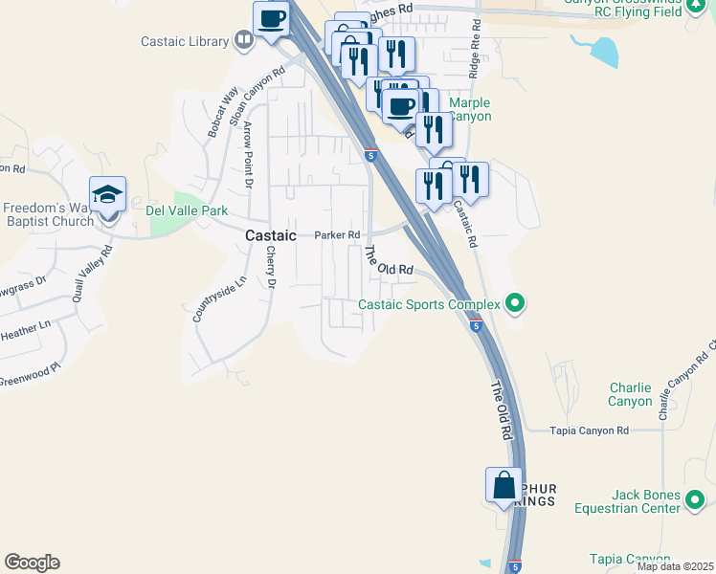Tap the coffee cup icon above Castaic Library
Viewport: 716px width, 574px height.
click(x=271, y=18)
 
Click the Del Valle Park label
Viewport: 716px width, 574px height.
click(x=187, y=210)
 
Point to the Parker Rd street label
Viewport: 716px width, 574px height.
click(x=337, y=235)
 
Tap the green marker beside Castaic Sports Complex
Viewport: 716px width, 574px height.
click(x=516, y=305)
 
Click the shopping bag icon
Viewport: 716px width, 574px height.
click(x=503, y=486)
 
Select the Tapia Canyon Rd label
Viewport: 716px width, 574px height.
click(x=589, y=430)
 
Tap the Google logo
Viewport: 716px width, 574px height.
click(x=32, y=563)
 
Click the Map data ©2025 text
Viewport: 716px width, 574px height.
click(x=675, y=566)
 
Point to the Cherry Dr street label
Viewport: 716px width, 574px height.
click(x=271, y=267)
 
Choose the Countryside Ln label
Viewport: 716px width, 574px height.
click(x=206, y=299)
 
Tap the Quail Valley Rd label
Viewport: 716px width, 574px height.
click(x=95, y=273)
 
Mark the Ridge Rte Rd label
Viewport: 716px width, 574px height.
click(x=474, y=53)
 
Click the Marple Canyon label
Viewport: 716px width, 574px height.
click(x=469, y=110)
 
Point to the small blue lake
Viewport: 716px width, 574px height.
click(x=597, y=51)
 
